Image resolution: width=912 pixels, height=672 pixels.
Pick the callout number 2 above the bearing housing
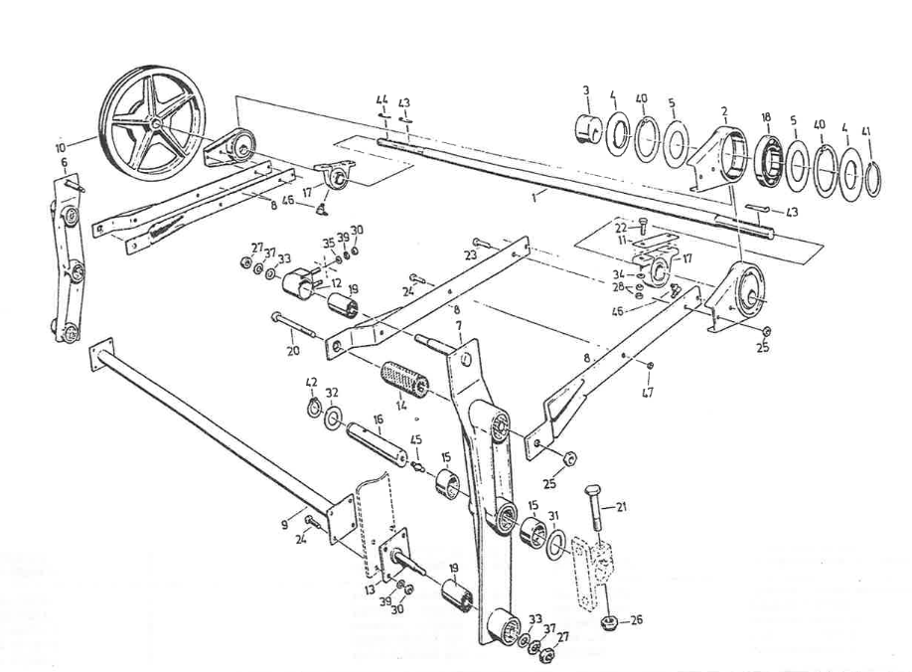click(x=725, y=109)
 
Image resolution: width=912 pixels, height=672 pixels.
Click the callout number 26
click(x=637, y=619)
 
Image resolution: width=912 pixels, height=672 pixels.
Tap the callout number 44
click(x=381, y=101)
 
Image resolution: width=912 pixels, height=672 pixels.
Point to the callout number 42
click(x=311, y=381)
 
